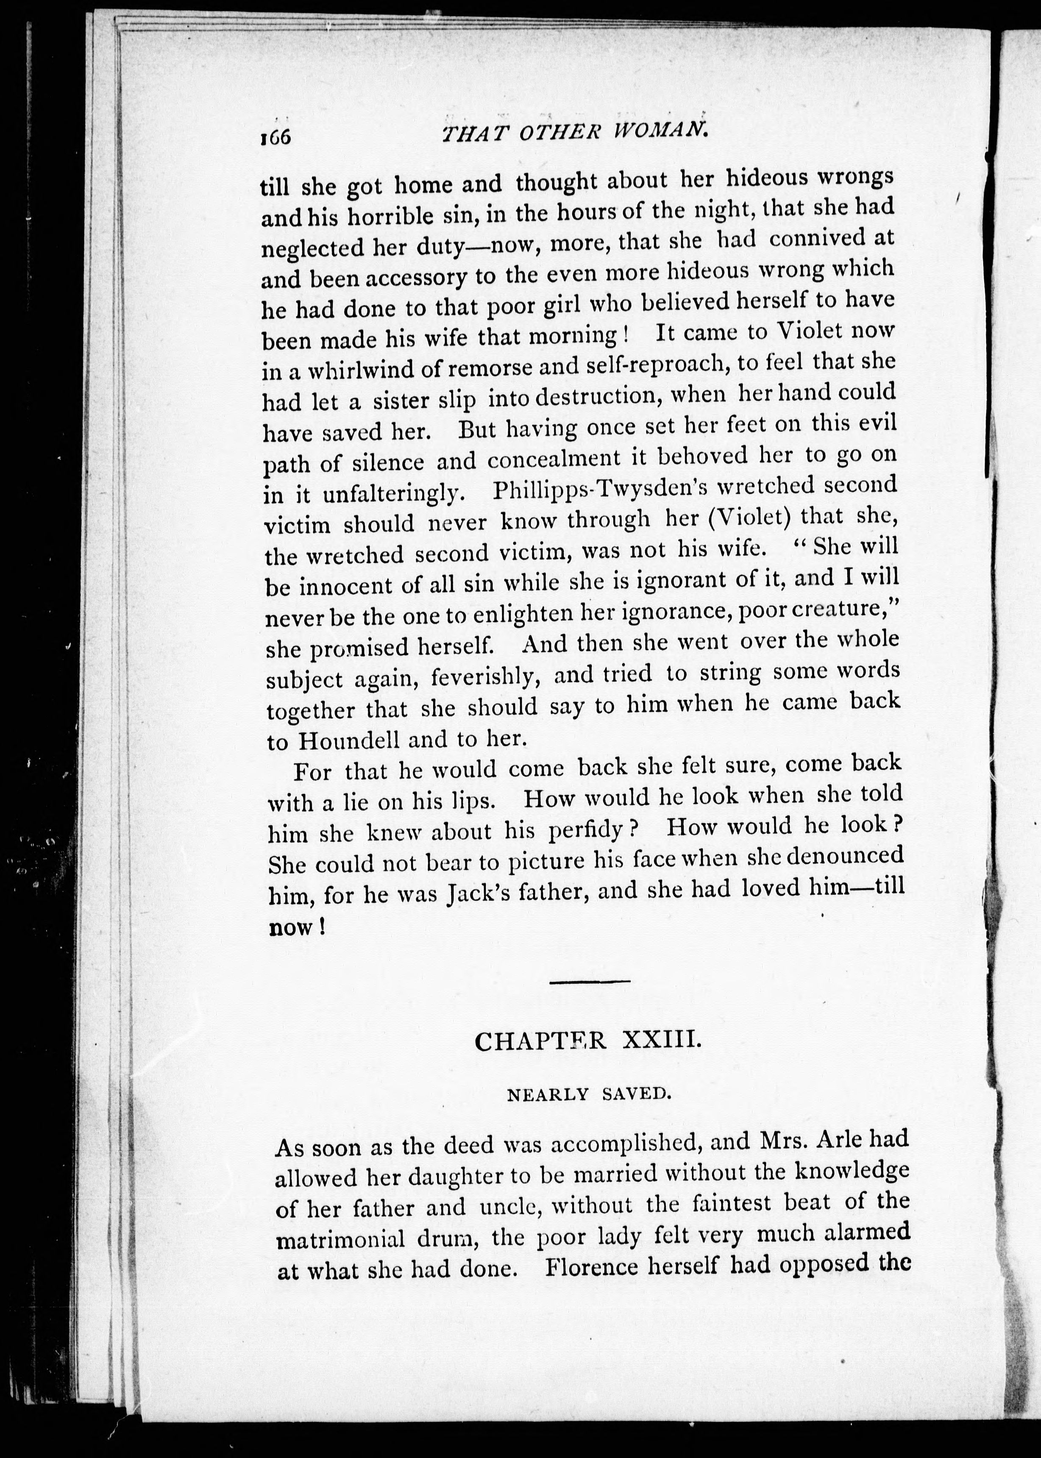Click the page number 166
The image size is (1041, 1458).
click(276, 136)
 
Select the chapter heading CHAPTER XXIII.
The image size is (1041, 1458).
click(585, 1041)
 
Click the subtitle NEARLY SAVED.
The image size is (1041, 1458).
click(588, 1094)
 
